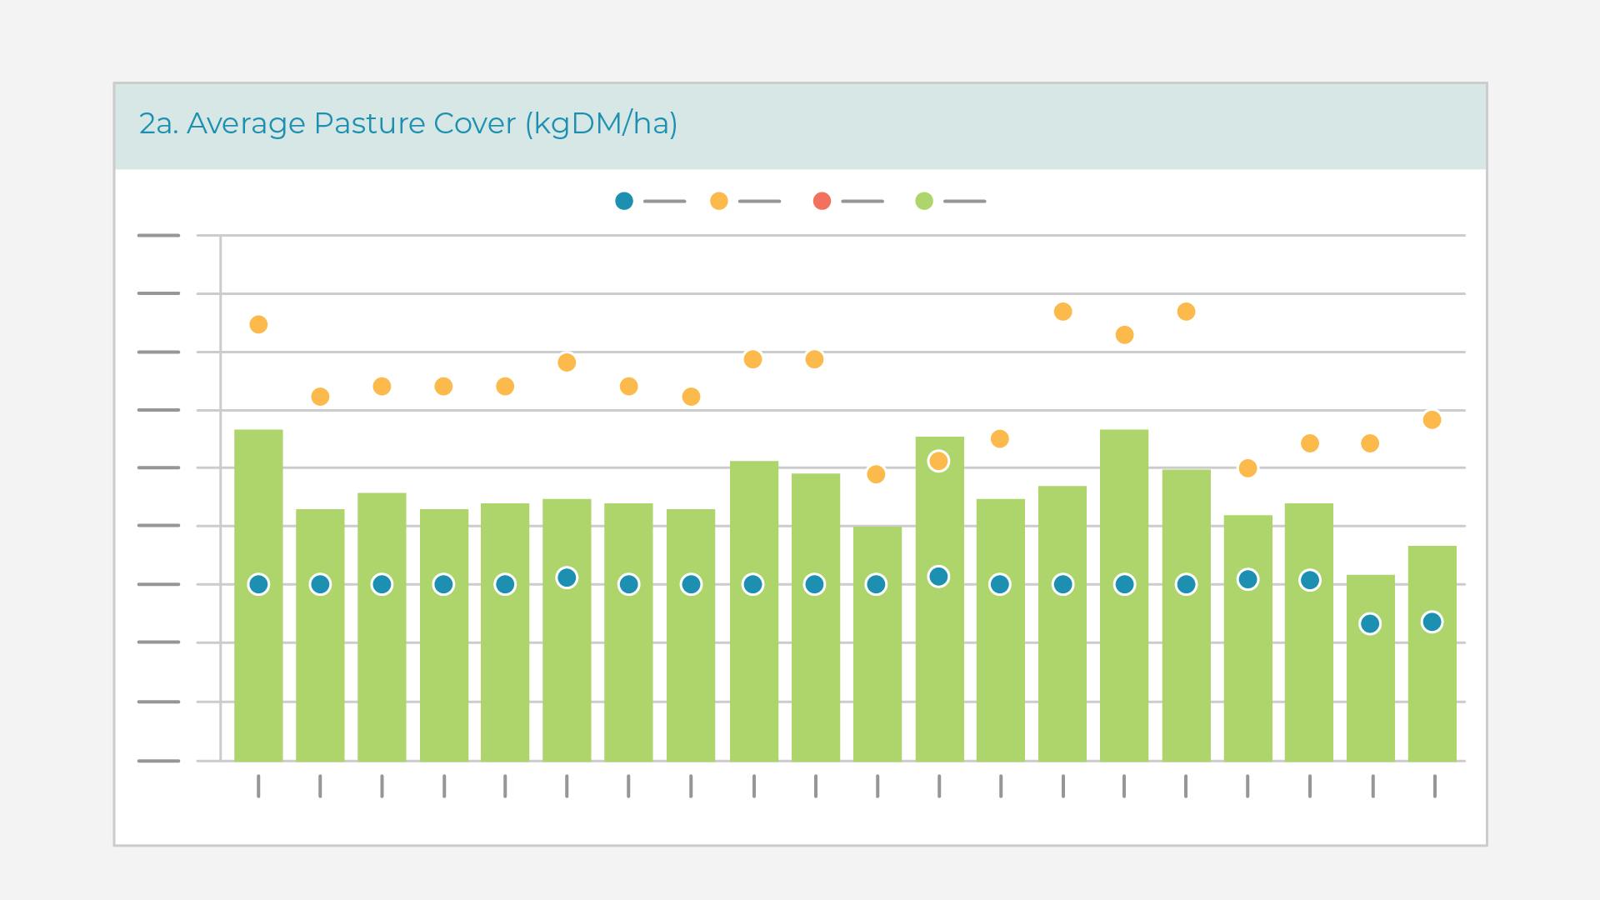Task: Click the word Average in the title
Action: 246,123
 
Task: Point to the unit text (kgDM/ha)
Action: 601,123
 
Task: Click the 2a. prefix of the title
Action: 158,123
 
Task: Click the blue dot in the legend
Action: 624,201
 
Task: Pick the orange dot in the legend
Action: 718,201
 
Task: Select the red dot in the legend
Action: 822,201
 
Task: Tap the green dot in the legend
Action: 924,201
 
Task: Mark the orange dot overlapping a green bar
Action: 938,461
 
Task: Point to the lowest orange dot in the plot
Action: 876,474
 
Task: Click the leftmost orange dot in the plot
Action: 258,324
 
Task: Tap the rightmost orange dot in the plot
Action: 1432,420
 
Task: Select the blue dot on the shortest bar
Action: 1370,623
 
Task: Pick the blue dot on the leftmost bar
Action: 258,584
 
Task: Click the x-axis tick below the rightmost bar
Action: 1434,786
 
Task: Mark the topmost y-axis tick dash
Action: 158,236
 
